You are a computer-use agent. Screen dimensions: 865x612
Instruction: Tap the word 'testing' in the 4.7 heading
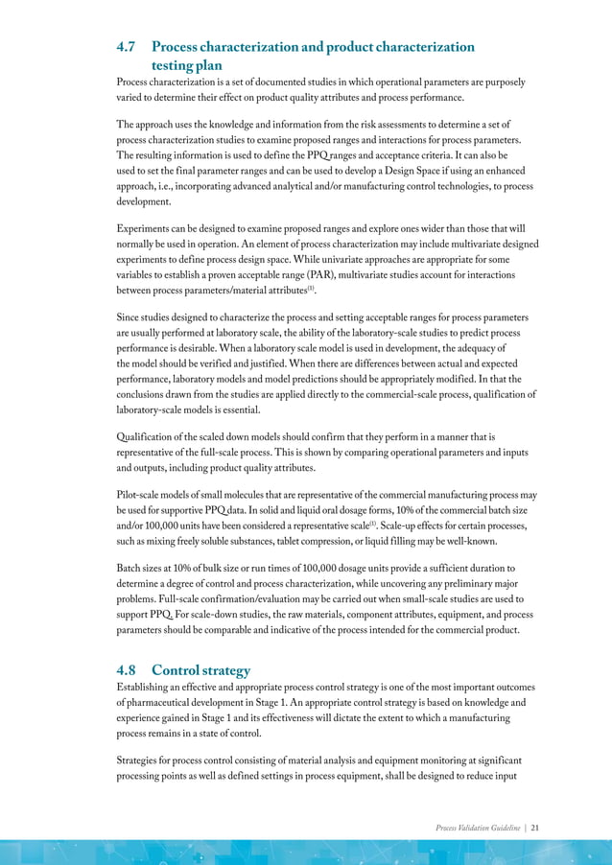tap(177, 65)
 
